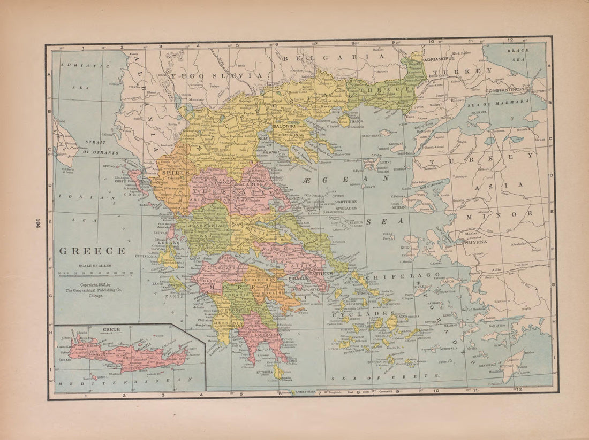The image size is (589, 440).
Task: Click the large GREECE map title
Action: click(x=92, y=250)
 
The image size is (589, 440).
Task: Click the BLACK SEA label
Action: click(x=518, y=56)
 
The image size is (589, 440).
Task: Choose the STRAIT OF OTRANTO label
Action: click(x=99, y=148)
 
